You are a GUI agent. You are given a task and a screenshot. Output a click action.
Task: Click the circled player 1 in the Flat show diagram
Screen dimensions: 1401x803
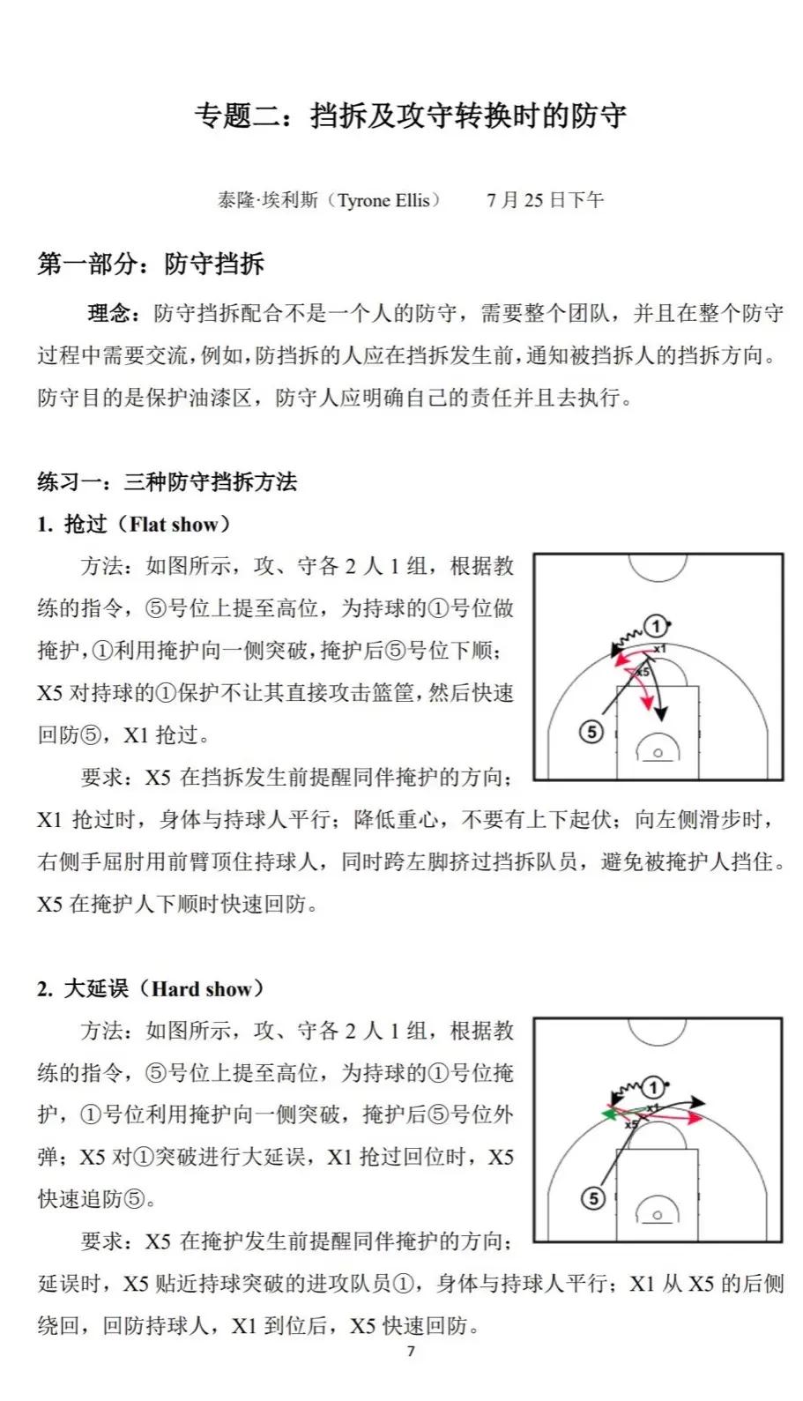click(x=656, y=627)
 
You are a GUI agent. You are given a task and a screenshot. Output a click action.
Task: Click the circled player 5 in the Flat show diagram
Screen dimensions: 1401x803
click(x=591, y=731)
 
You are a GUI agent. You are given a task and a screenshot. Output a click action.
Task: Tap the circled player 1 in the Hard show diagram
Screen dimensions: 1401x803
click(x=653, y=1086)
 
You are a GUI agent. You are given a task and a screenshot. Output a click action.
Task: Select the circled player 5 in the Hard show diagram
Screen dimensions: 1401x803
click(x=593, y=1198)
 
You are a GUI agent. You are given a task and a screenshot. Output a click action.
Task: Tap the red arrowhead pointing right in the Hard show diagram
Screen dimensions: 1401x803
click(x=696, y=1118)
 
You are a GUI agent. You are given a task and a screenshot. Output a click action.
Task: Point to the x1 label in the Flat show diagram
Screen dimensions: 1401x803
click(x=659, y=649)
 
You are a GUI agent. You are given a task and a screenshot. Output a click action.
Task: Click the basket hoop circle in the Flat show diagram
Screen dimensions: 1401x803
click(x=658, y=753)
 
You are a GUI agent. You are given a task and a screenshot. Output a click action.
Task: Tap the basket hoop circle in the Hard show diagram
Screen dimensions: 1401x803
click(x=658, y=1216)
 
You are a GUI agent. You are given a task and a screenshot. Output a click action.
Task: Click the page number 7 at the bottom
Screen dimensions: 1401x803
click(x=411, y=1352)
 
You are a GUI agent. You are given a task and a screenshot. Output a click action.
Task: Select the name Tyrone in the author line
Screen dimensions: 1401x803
click(x=364, y=200)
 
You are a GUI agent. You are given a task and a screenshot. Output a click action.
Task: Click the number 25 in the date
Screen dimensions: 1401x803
click(x=533, y=200)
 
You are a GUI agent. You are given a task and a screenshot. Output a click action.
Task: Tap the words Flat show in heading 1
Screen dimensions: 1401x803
click(x=174, y=525)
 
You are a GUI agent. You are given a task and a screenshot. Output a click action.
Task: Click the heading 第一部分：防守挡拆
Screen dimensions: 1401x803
click(x=151, y=264)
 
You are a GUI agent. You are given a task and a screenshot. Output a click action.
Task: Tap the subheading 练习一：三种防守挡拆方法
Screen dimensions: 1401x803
click(x=167, y=481)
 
